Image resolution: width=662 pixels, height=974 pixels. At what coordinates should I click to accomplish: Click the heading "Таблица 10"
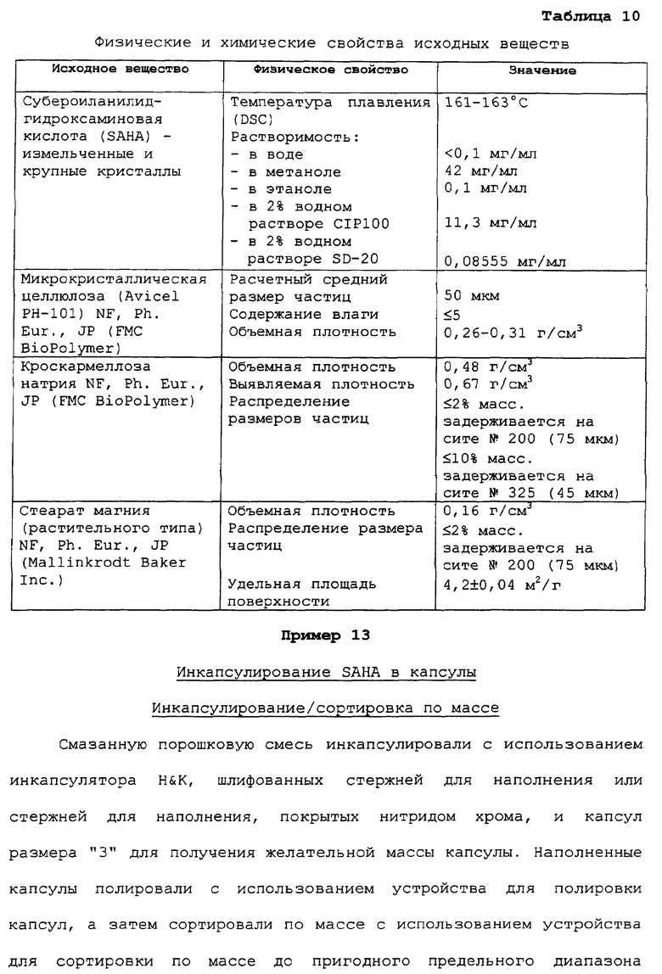coord(590,16)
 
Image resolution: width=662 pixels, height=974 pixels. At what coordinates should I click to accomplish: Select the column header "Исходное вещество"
coord(121,69)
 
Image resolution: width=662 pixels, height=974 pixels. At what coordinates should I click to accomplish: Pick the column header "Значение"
coord(542,70)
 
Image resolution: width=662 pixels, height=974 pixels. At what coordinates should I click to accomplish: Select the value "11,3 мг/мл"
coord(491,223)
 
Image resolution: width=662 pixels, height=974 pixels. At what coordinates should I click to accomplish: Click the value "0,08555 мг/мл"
coord(504,260)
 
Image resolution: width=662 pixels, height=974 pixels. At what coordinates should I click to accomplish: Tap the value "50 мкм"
coord(473,296)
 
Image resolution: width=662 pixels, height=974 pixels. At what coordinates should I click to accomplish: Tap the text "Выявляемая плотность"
coord(322,384)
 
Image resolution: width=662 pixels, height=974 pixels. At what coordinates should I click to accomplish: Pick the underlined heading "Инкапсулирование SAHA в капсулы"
coord(326,673)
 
